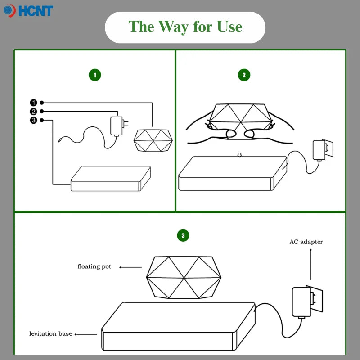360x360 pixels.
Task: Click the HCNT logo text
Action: [x=36, y=11]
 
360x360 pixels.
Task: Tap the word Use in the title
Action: [x=229, y=27]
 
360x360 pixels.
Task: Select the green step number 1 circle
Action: [x=95, y=75]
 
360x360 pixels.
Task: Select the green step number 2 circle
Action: [x=244, y=75]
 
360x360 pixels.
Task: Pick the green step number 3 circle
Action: [x=183, y=235]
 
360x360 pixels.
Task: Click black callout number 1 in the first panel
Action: [x=33, y=103]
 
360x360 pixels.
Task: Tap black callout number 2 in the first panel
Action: [x=33, y=112]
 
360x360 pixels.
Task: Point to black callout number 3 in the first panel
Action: [x=33, y=120]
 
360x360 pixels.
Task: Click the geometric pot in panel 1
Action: [x=153, y=140]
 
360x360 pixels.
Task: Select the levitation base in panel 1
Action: [x=111, y=179]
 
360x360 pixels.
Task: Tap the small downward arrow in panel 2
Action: [x=239, y=155]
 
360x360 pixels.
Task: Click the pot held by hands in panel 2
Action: [x=240, y=117]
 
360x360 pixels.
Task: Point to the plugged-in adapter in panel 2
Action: [x=323, y=150]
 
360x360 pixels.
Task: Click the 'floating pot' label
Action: [x=94, y=266]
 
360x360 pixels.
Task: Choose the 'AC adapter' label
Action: [x=306, y=242]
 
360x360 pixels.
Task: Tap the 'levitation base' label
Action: [x=51, y=333]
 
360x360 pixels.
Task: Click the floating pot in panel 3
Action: [x=184, y=277]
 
